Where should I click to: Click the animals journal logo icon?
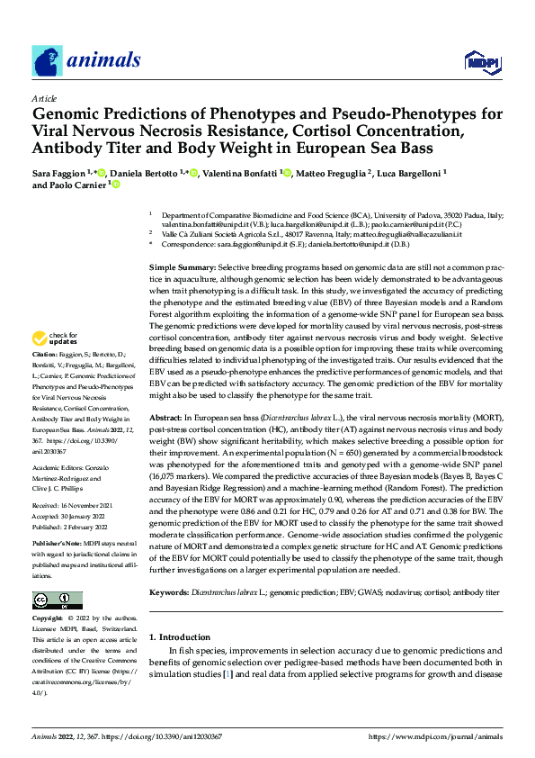[47, 61]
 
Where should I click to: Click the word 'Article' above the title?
[44, 97]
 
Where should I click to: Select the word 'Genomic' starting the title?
[69, 114]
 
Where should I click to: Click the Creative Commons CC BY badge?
[57, 599]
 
